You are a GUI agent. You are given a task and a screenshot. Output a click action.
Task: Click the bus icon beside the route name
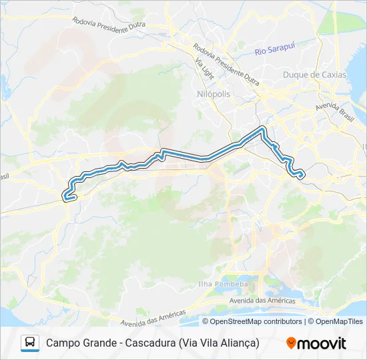coord(30,343)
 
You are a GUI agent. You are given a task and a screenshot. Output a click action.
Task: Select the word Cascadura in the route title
coord(148,343)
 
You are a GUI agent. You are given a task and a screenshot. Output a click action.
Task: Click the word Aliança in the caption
coord(238,343)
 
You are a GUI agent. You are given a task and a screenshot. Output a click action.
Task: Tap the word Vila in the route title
coord(204,343)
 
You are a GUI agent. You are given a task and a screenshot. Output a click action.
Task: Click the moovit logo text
coord(322,343)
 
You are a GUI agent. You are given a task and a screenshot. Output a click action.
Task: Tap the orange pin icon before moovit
coord(291,343)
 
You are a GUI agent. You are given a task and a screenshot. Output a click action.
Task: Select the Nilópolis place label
coord(214,94)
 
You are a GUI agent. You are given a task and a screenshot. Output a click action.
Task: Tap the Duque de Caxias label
coord(314,75)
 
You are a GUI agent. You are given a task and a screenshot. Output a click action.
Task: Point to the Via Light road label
coord(204,68)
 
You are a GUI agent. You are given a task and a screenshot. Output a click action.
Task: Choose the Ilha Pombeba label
coord(223,284)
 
